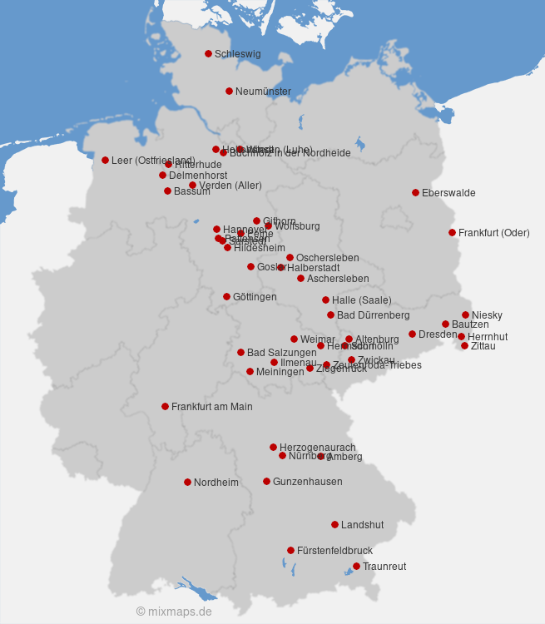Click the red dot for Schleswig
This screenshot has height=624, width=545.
coord(208,53)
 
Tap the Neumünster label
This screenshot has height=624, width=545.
coord(263,92)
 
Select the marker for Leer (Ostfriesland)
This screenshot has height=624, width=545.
coord(105,160)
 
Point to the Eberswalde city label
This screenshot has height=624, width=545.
coord(448,193)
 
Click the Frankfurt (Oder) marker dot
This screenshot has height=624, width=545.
coord(452,232)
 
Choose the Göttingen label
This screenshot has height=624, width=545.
coord(255,297)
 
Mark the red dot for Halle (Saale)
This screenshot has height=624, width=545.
coord(325,300)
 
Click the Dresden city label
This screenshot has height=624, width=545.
coord(438,334)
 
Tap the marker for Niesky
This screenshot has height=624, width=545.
coord(465,314)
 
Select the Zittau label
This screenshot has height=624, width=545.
coord(483,346)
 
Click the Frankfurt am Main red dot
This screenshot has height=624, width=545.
coord(165,406)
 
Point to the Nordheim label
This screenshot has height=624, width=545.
coord(216,483)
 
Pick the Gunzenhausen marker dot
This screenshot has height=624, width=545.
coord(266,481)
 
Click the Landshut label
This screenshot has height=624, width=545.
coord(362,525)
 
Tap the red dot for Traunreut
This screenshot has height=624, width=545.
coord(356,566)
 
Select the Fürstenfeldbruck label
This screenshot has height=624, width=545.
coord(334,551)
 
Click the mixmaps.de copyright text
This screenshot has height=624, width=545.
coord(174,612)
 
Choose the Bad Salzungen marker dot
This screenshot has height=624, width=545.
coord(240,352)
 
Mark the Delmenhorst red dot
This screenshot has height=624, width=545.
coord(162,175)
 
